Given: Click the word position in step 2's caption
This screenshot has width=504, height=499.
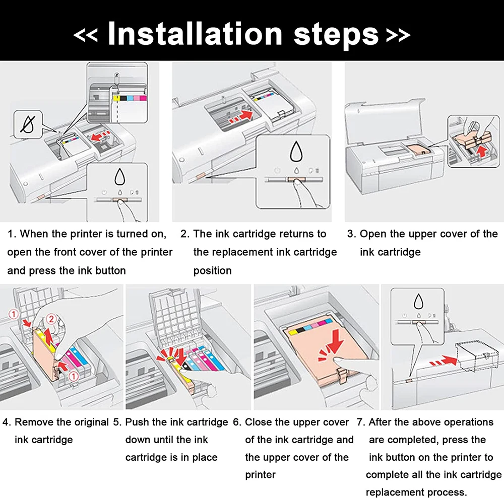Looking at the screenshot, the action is [212, 270].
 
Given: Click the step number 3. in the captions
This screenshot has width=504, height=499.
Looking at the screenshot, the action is [351, 234].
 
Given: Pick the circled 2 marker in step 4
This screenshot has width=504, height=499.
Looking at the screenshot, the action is [50, 319].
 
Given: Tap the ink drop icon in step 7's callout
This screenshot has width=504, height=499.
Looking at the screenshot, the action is [418, 301].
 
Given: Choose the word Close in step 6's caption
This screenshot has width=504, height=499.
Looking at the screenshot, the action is [260, 422].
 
